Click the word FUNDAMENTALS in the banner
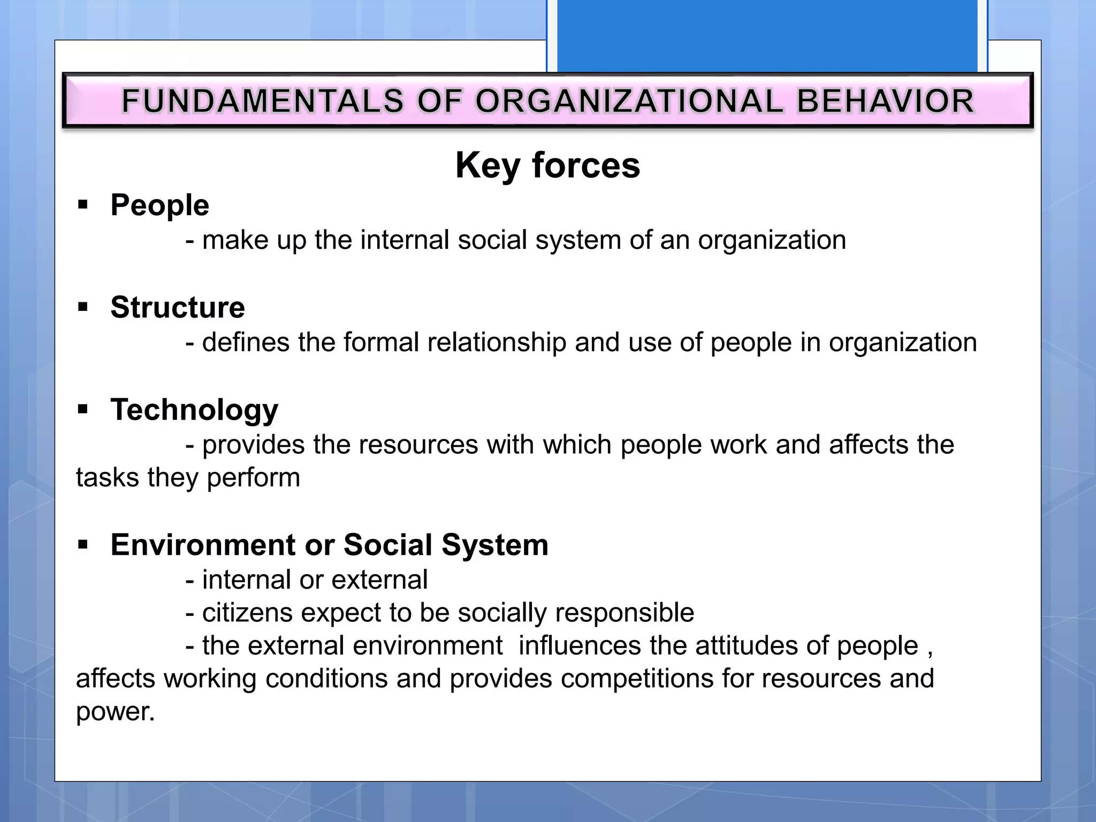coord(262,101)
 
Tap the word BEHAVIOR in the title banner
coord(886,101)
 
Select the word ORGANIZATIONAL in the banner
coord(629,101)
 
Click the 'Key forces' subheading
coord(547,165)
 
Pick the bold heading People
coord(159,205)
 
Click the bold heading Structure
coord(178,307)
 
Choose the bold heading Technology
coord(194,410)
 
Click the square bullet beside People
coord(82,204)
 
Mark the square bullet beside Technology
coord(82,409)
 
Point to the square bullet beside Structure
coord(82,307)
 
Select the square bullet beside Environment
coord(82,545)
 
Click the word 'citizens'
coord(247,613)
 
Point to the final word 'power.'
coord(115,712)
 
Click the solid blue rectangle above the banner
coord(767,35)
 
